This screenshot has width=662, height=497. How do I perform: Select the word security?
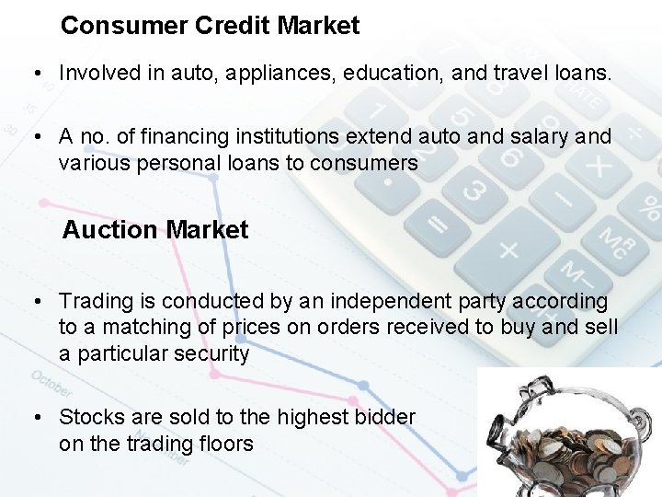(211, 353)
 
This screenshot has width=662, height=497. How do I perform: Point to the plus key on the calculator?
(508, 248)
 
